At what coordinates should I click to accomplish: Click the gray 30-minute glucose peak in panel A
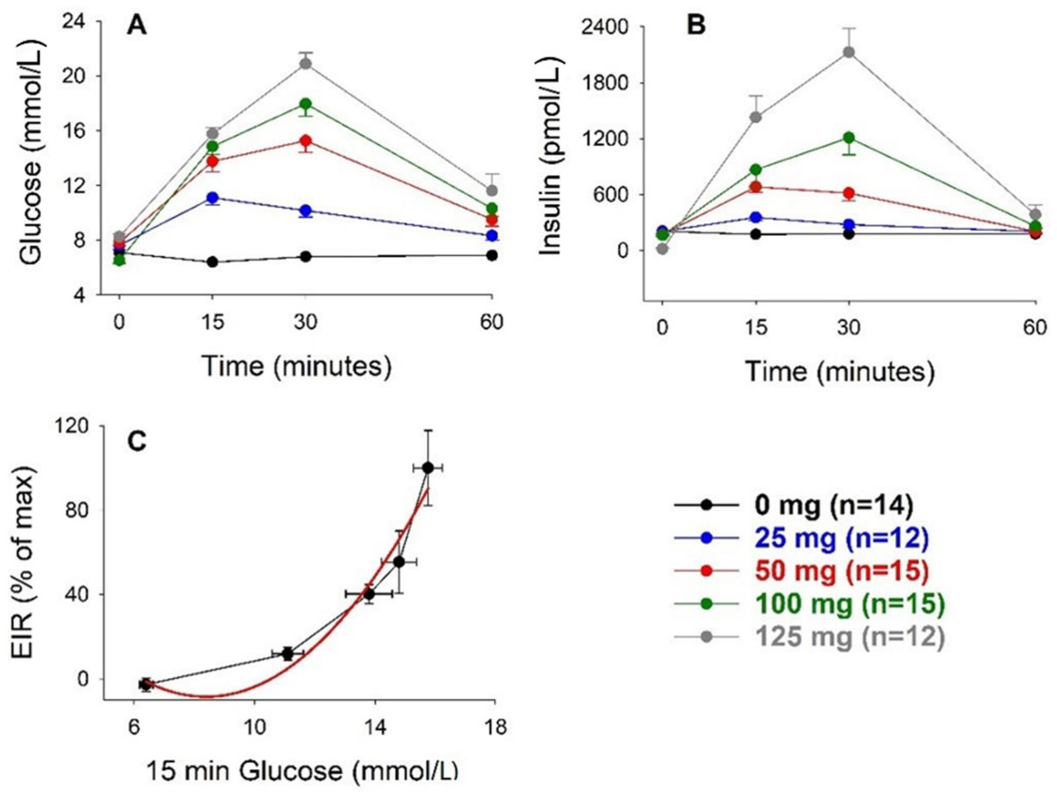306,64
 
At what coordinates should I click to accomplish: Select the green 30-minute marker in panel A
306,104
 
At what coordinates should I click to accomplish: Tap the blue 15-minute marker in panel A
213,198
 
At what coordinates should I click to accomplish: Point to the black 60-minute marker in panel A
492,255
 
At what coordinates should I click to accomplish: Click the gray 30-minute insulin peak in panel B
849,52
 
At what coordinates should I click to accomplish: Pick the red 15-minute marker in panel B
756,187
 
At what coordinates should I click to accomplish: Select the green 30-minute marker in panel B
849,138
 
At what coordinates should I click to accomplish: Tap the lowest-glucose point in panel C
146,684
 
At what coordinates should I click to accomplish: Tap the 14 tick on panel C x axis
375,728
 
